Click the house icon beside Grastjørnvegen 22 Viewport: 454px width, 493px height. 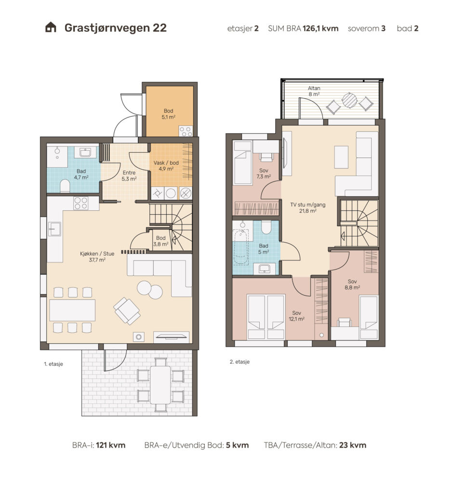(51, 27)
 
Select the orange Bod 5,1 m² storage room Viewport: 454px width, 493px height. (169, 111)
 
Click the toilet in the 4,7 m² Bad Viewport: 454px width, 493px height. (65, 186)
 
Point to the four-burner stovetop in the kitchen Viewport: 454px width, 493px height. (81, 203)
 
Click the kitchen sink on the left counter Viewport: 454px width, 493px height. (54, 229)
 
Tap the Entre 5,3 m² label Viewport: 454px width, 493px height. (129, 176)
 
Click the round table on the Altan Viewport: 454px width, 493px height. (349, 101)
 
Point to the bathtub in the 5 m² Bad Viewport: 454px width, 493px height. (241, 247)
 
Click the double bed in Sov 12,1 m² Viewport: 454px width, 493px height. (266, 317)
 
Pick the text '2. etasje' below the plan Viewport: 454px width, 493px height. (240, 362)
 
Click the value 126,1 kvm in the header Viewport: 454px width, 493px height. (320, 28)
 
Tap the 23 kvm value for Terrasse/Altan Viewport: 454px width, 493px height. (353, 445)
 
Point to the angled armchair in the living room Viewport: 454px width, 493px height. (127, 311)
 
